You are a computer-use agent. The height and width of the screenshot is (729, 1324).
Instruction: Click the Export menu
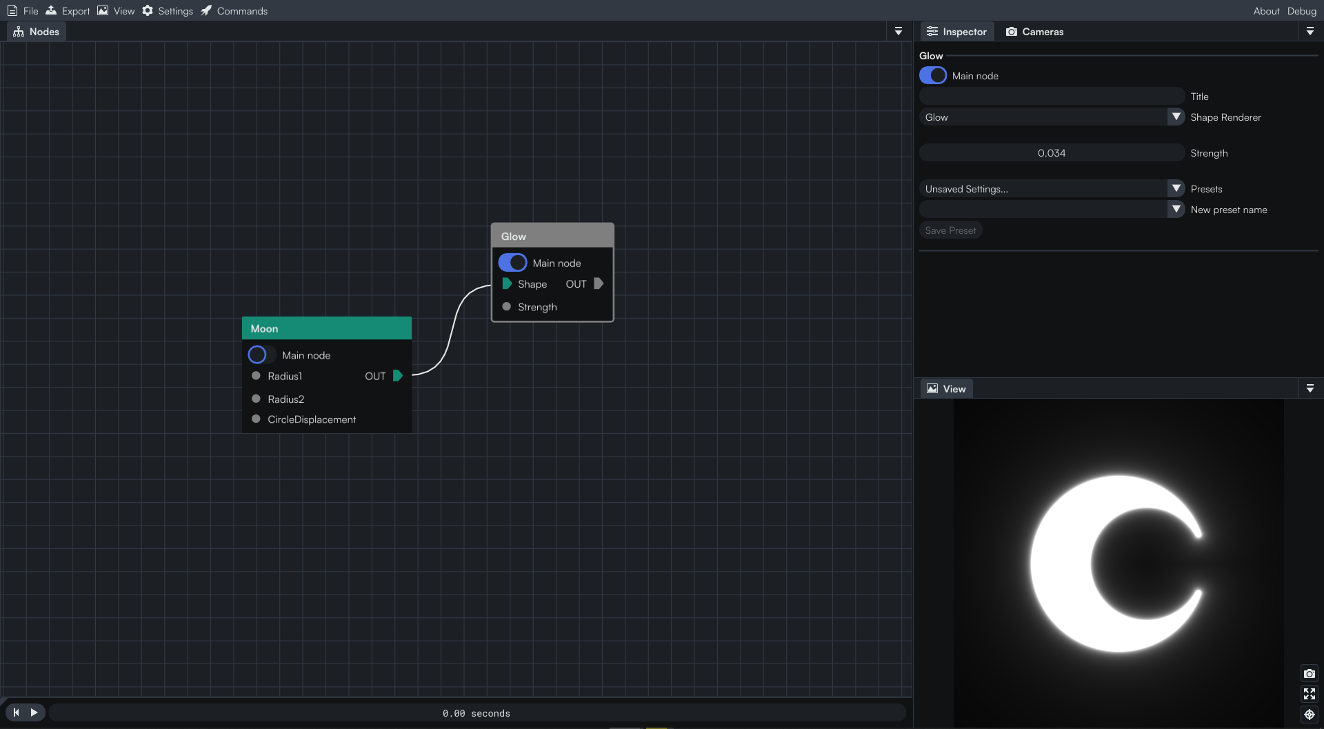pos(68,11)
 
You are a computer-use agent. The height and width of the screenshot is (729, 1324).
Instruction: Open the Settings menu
pos(168,11)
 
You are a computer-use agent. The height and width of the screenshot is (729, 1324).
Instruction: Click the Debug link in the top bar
pos(1301,11)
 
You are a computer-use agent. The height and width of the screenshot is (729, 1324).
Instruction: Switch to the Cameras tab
pos(1034,32)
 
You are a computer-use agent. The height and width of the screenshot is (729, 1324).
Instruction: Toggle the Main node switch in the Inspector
pos(933,76)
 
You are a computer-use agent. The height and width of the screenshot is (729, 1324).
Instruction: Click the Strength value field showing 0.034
pos(1052,153)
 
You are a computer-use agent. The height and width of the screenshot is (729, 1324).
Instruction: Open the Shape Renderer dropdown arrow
pos(1176,117)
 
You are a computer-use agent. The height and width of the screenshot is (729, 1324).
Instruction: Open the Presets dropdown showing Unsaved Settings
pos(1052,189)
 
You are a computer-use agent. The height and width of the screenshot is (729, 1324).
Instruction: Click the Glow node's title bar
pos(552,236)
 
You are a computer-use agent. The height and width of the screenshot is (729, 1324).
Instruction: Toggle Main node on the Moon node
pos(261,354)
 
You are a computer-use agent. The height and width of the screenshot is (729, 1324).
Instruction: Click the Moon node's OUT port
pos(398,376)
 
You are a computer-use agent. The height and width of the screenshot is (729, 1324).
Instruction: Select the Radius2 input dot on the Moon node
pos(256,399)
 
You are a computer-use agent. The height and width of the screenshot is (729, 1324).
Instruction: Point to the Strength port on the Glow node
pos(507,307)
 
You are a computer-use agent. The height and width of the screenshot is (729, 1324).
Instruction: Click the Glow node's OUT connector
pos(599,283)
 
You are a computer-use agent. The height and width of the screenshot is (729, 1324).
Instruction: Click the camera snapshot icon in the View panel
pos(1310,673)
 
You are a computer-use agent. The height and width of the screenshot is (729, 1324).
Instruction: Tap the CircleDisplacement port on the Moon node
pos(256,419)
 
